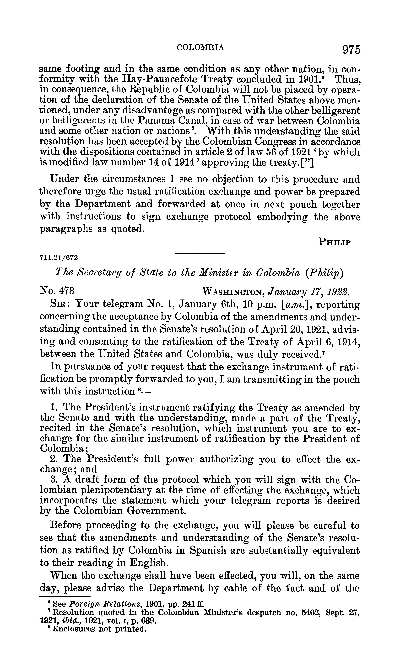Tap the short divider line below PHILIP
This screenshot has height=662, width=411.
[x=200, y=253]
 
